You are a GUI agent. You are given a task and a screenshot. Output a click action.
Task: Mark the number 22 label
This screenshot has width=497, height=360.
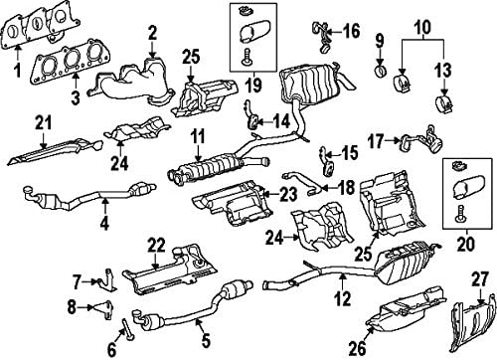pyautogui.click(x=156, y=243)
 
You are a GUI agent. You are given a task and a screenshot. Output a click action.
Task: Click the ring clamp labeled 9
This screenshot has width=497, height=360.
pyautogui.click(x=381, y=72)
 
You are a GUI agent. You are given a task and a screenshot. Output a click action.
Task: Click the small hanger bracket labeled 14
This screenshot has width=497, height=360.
pyautogui.click(x=253, y=123)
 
